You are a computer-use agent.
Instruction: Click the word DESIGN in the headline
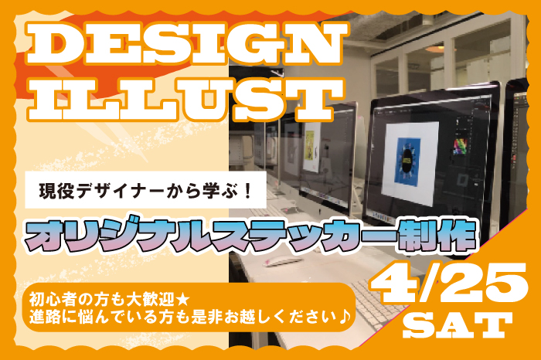tap(187, 44)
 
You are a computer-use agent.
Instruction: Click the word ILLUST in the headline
tap(186, 100)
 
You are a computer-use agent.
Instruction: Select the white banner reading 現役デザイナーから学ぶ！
tap(145, 190)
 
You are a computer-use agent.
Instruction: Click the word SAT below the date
tap(458, 324)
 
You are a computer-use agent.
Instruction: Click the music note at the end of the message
tap(345, 317)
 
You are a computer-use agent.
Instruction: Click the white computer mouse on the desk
tap(283, 261)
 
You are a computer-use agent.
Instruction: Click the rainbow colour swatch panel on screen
tap(460, 146)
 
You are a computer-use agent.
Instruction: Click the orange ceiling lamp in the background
tap(439, 49)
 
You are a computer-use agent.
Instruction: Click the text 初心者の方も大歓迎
tap(102, 299)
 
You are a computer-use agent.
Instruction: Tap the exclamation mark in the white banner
tap(247, 190)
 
